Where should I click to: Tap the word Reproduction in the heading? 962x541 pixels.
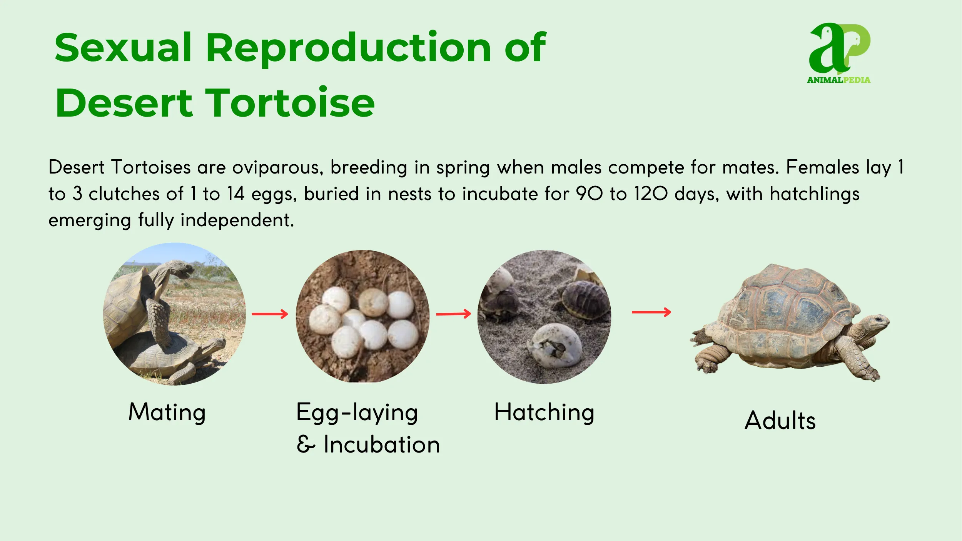pyautogui.click(x=348, y=48)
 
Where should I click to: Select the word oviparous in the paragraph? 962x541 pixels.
pyautogui.click(x=277, y=168)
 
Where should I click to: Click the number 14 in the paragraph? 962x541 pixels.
pyautogui.click(x=235, y=194)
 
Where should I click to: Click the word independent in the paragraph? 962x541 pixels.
pyautogui.click(x=237, y=220)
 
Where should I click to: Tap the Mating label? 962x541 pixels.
pyautogui.click(x=167, y=412)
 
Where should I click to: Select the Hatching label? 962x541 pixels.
pyautogui.click(x=544, y=412)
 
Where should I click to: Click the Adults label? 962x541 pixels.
pyautogui.click(x=780, y=421)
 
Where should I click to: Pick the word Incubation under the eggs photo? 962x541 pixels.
pyautogui.click(x=381, y=445)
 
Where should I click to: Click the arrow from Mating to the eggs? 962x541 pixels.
pyautogui.click(x=270, y=314)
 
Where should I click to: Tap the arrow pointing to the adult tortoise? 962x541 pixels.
pyautogui.click(x=651, y=312)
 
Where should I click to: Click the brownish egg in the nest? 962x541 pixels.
pyautogui.click(x=372, y=302)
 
